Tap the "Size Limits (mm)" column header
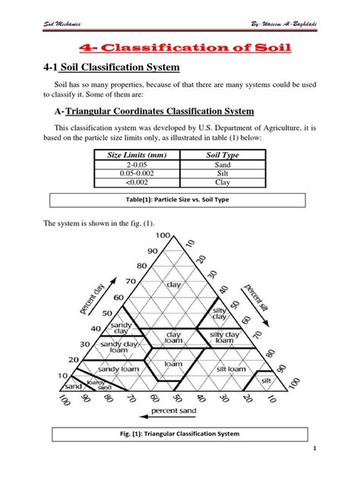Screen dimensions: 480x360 click(x=136, y=156)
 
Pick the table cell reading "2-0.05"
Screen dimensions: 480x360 click(x=136, y=164)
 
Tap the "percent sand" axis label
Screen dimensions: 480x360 click(x=174, y=411)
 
